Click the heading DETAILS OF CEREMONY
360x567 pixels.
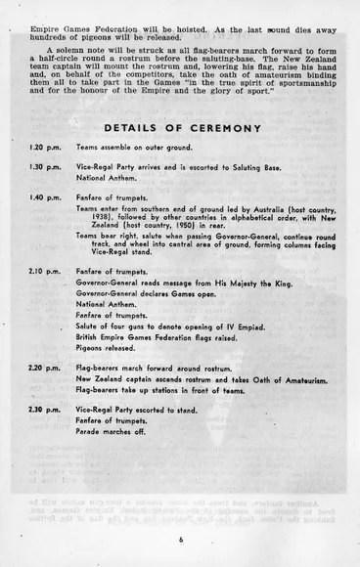(181, 128)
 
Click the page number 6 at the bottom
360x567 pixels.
(181, 538)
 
